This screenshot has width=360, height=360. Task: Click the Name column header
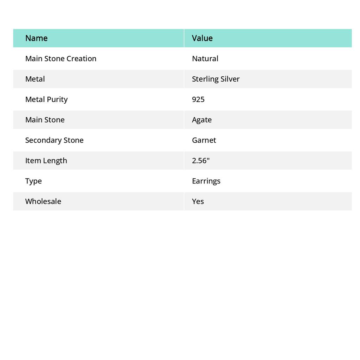37,38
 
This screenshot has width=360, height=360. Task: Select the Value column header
202,38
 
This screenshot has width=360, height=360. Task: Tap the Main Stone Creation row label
61,58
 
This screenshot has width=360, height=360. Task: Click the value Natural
205,58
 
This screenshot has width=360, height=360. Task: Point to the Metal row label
35,79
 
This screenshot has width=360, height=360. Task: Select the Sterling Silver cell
216,79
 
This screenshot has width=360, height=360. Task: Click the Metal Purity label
46,99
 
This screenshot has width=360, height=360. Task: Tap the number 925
198,99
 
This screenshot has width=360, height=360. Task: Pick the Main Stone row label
45,120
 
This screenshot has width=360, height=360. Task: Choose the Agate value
202,120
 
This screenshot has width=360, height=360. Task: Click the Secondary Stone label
54,140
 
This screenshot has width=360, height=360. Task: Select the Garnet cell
204,140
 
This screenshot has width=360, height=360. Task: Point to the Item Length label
46,160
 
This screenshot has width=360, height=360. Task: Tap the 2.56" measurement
201,160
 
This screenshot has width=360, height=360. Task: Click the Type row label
33,181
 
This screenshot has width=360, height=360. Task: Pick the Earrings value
206,181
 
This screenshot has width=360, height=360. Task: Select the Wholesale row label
43,201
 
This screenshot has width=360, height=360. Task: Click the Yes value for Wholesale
198,201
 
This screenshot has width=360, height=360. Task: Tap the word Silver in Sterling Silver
230,79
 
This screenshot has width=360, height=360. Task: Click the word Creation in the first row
81,58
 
